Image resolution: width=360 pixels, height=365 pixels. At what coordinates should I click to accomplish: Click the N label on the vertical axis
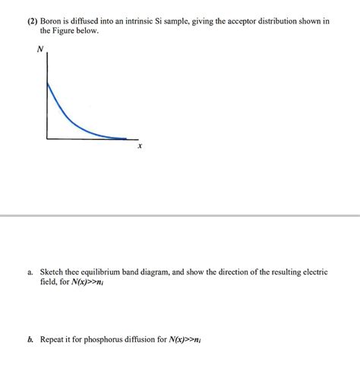pos(40,49)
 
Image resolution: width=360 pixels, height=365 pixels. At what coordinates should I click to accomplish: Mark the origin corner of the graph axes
pos(48,139)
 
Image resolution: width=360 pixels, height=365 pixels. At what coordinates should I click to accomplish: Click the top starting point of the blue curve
pos(48,82)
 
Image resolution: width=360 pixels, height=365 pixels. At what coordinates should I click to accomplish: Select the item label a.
pos(29,271)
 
